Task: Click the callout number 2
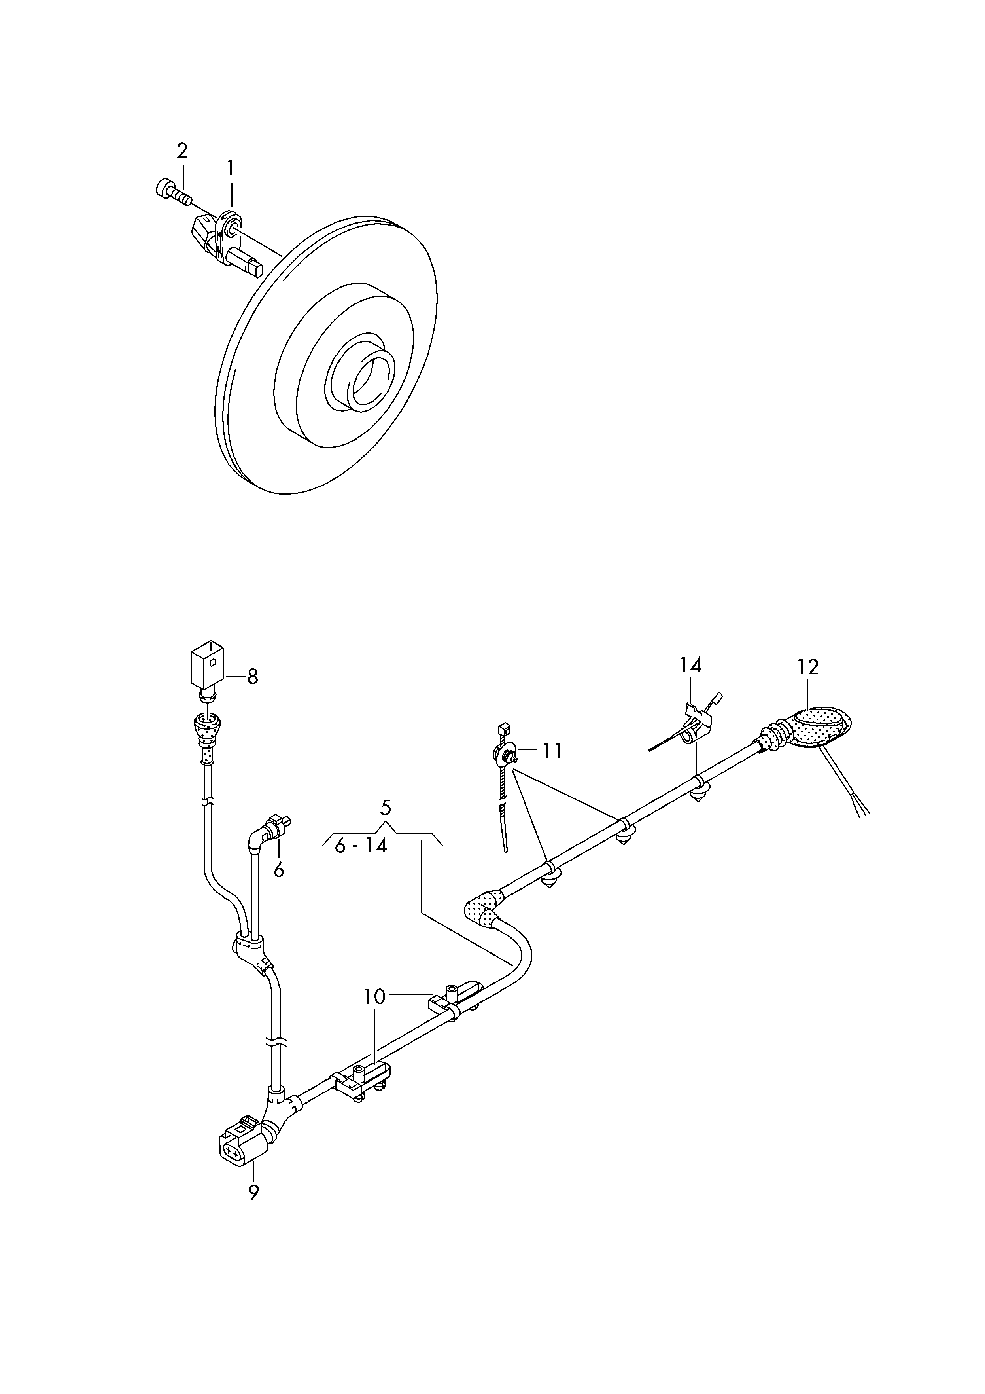click(182, 151)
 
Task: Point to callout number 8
click(252, 676)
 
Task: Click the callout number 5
click(386, 808)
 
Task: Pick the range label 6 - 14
click(361, 846)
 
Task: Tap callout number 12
click(808, 667)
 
